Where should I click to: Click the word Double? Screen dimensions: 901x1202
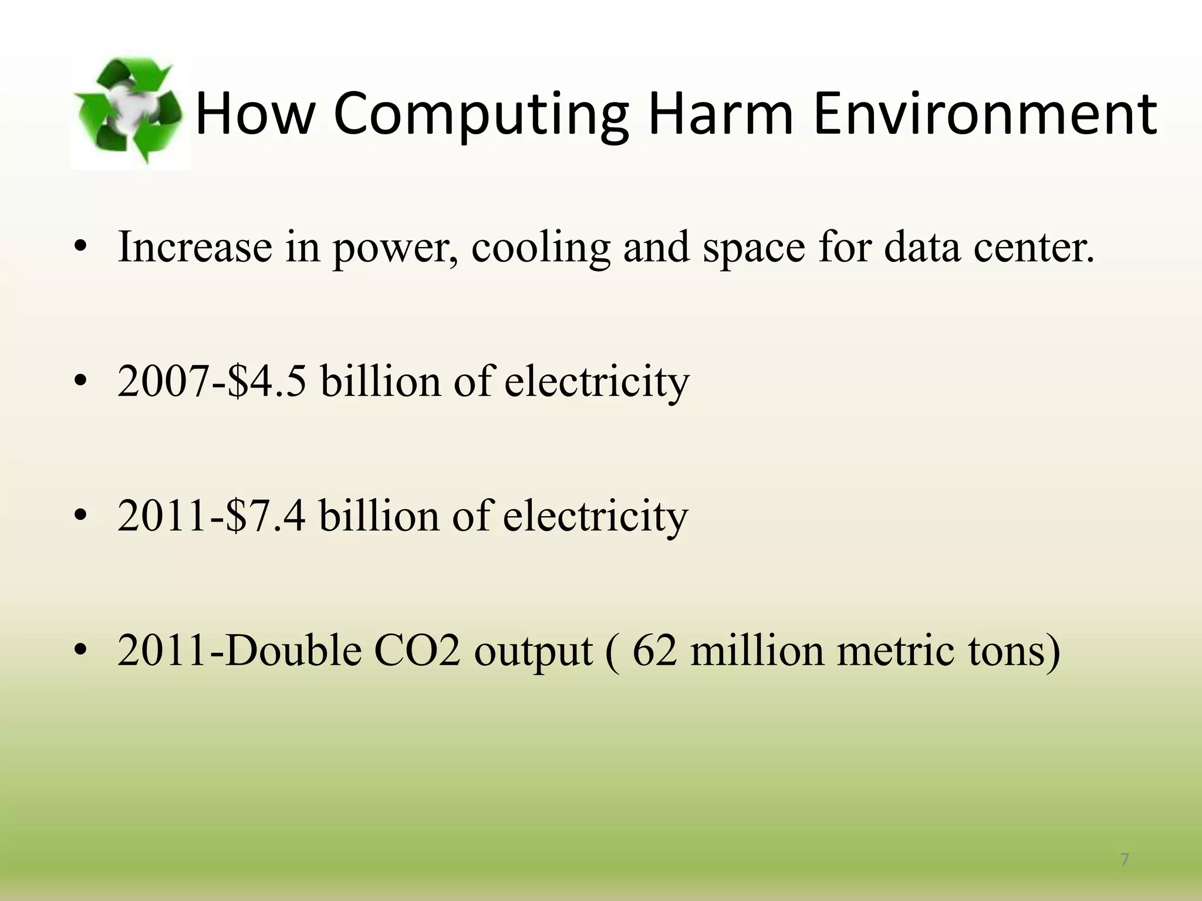tap(293, 651)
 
